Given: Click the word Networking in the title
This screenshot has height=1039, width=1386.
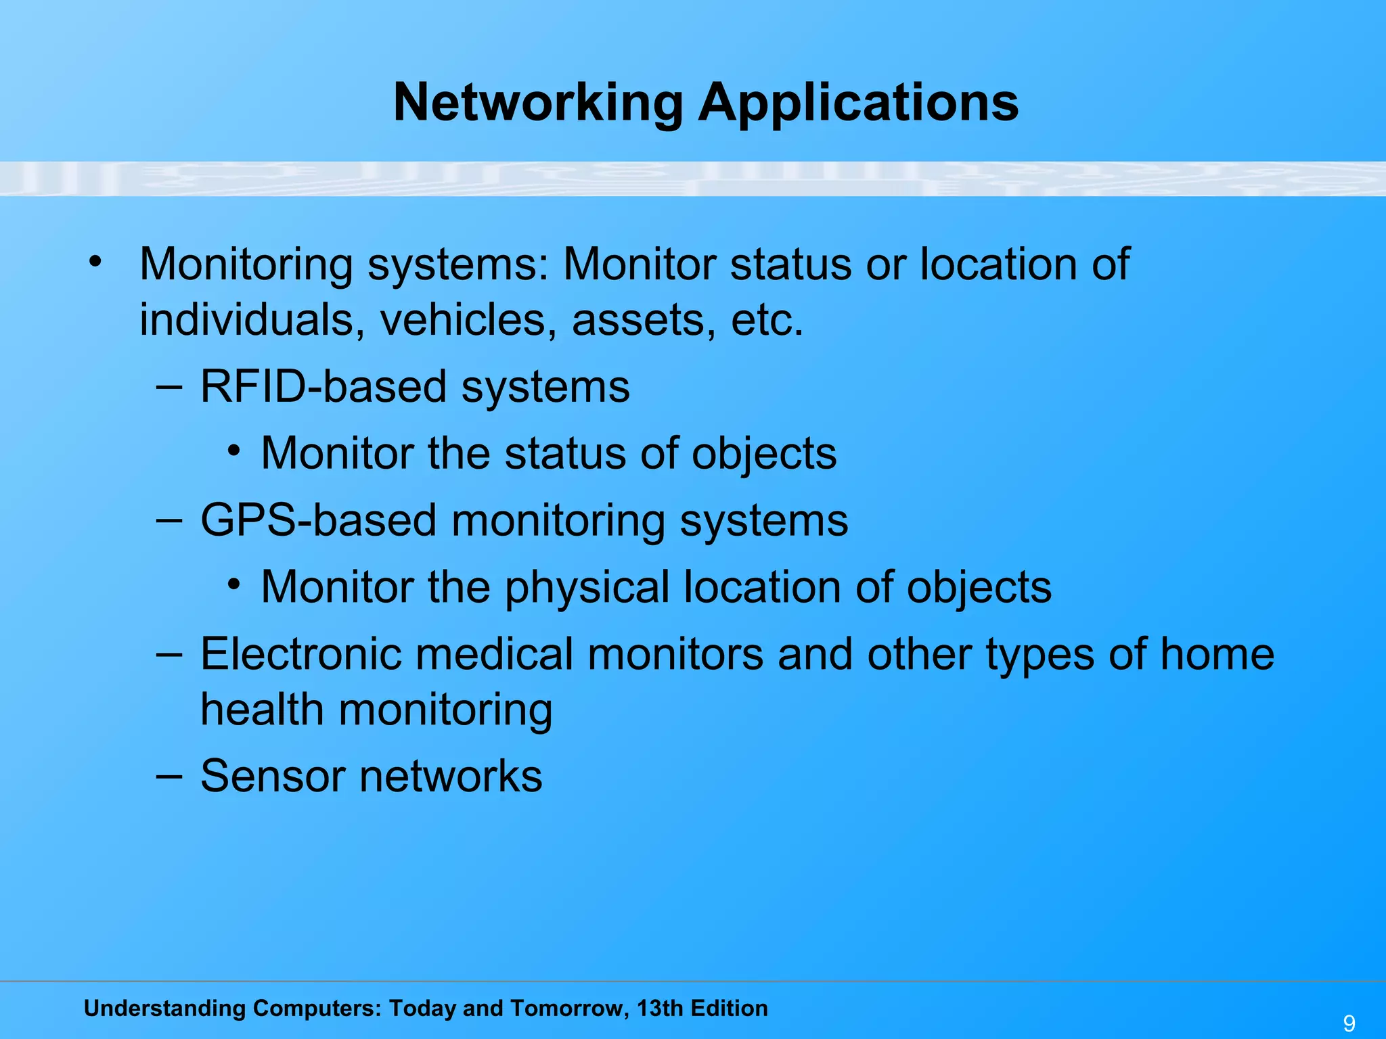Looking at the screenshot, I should [x=538, y=103].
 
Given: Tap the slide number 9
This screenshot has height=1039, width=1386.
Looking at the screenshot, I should [x=1349, y=1023].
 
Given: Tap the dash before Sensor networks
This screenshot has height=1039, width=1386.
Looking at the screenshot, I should [x=169, y=775].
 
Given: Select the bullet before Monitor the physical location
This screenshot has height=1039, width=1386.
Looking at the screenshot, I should [x=234, y=584].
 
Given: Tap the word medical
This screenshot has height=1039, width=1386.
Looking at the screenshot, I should [x=493, y=654].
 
